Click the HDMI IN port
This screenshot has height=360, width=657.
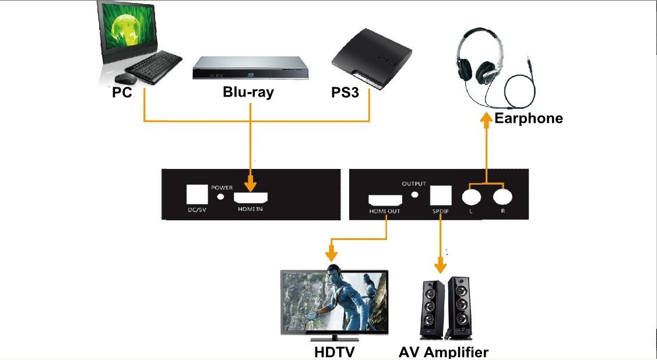pyautogui.click(x=251, y=198)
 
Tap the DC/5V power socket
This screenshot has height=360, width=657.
pyautogui.click(x=197, y=194)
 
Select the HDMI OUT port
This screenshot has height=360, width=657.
pyautogui.click(x=385, y=200)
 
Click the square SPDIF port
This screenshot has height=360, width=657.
pyautogui.click(x=441, y=195)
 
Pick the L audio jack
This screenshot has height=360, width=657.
pyautogui.click(x=472, y=196)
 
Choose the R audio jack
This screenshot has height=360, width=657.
pyautogui.click(x=503, y=196)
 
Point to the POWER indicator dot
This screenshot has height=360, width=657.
pyautogui.click(x=222, y=197)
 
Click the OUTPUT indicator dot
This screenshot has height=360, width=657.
pyautogui.click(x=415, y=194)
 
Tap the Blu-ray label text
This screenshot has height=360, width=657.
pyautogui.click(x=248, y=91)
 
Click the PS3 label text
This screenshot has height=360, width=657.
pyautogui.click(x=345, y=93)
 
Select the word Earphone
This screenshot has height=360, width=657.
pyautogui.click(x=528, y=118)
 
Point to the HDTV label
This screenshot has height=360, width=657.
pyautogui.click(x=333, y=352)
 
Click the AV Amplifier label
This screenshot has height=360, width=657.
pyautogui.click(x=443, y=352)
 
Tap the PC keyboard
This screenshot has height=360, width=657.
pyautogui.click(x=153, y=67)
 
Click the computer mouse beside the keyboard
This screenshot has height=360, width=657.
pyautogui.click(x=125, y=78)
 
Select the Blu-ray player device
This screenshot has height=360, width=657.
pyautogui.click(x=251, y=68)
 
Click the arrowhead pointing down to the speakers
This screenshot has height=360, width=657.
pyautogui.click(x=440, y=266)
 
